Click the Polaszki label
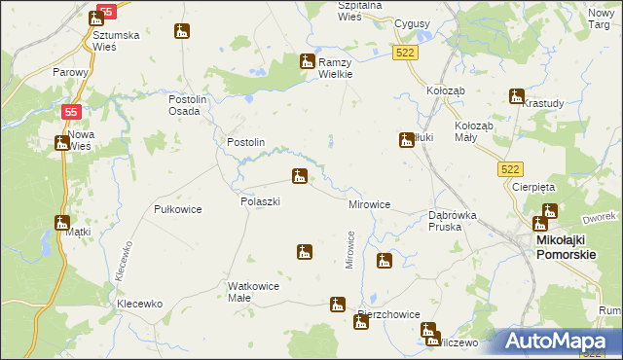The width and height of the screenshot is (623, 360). coord(260,201)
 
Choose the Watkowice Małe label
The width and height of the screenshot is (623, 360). coord(253,292)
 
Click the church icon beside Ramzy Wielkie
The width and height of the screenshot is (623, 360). coord(307,60)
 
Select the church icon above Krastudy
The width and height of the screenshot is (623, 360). coord(516,95)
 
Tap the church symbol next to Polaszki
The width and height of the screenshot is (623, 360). coord(299,176)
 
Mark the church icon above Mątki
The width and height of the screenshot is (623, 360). coord(62,223)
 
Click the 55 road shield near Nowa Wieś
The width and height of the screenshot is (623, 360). coord(70,112)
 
